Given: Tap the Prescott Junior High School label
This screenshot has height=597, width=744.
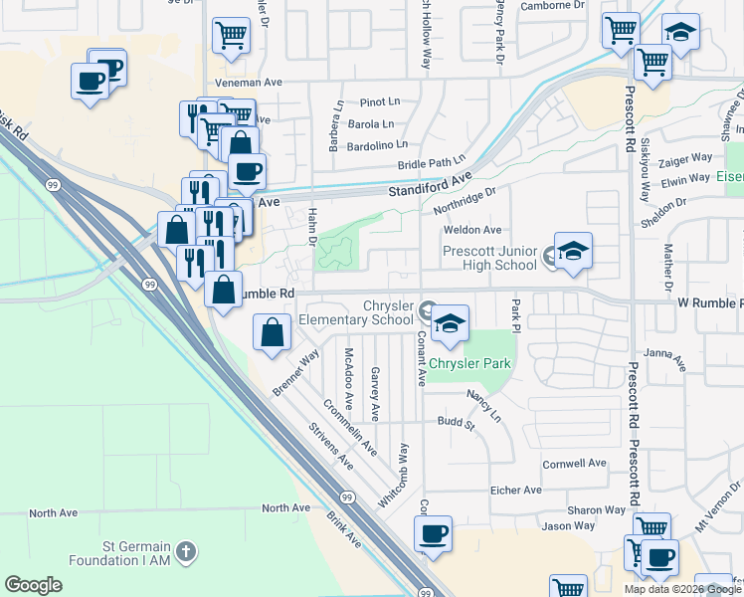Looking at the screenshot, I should pos(489,258).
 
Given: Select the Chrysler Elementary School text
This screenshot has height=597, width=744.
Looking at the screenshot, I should pos(360,312).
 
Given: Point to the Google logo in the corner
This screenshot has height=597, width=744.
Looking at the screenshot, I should pos(33,585).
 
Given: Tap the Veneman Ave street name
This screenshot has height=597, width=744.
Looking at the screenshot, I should pos(245,84).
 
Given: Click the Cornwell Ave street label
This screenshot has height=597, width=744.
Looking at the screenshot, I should pos(574,464).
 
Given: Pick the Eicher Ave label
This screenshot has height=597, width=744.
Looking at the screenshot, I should pos(515,490).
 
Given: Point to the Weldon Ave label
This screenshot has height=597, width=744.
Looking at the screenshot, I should pos(471,230).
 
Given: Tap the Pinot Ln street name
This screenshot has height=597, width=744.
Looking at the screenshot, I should pos(379,101).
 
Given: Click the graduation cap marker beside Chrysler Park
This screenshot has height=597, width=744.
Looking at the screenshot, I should pos(450,323).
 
